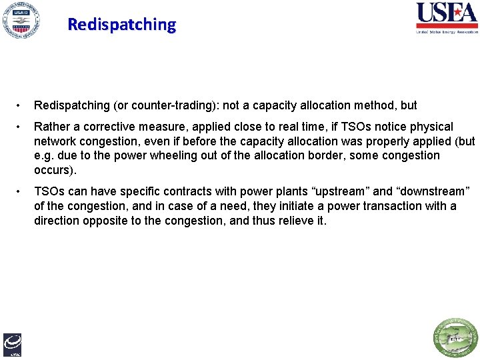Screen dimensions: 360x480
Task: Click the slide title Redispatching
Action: coord(121,25)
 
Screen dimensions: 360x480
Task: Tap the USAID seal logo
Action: coord(20,20)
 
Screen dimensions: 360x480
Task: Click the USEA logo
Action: coord(447,17)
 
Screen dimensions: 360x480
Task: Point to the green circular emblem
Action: coord(456,339)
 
